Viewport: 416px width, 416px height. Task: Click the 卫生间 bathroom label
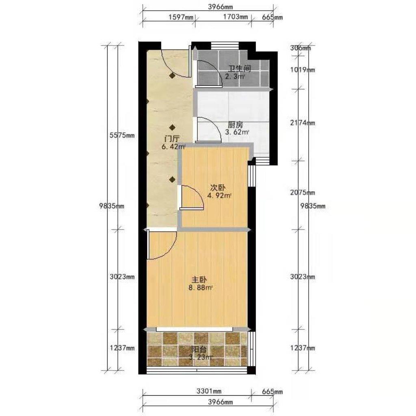click(240, 69)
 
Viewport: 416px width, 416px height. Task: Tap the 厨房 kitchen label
click(235, 125)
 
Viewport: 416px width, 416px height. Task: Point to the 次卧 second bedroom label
click(218, 188)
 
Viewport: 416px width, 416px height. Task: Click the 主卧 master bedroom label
click(199, 279)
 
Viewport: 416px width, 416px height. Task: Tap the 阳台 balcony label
click(199, 349)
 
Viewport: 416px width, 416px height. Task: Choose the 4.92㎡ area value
click(220, 196)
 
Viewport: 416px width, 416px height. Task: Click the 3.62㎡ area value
click(237, 132)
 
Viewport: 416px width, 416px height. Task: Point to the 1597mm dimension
click(181, 17)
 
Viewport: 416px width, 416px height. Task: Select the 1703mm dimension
click(235, 17)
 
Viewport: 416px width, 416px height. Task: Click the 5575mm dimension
click(122, 136)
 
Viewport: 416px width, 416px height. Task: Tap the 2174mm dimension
click(303, 123)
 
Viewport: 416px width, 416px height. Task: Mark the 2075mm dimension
click(303, 192)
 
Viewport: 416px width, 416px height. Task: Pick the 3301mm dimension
click(209, 391)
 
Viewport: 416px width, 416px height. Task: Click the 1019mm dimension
click(303, 70)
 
